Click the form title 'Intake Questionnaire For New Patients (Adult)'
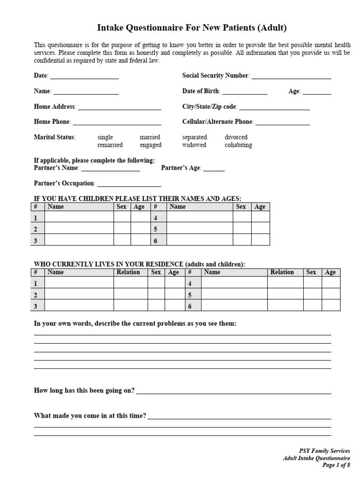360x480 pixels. tap(192, 28)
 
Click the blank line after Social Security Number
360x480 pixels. tap(291, 76)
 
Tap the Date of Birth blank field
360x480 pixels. tap(244, 91)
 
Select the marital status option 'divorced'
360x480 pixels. tap(236, 137)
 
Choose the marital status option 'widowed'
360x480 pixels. tap(194, 145)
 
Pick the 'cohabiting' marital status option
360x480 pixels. tap(238, 145)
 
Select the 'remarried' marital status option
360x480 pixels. tap(110, 145)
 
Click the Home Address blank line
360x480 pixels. tap(120, 107)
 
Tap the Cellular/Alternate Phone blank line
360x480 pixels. tap(282, 122)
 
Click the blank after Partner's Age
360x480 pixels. tap(214, 168)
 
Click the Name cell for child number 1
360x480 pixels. tap(79, 217)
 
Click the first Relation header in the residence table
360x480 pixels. tap(128, 272)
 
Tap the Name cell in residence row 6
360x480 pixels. tap(233, 306)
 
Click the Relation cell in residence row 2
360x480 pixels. tap(130, 295)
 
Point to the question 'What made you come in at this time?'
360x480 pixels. tap(90, 416)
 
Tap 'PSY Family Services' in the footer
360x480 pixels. tap(324, 451)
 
